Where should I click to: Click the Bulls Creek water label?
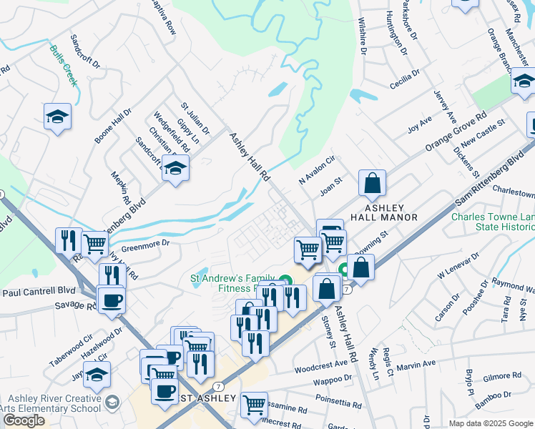(x=64, y=61)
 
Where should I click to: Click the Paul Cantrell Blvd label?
(x=38, y=292)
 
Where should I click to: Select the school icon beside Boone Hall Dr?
(x=57, y=117)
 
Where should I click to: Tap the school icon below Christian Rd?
(x=175, y=169)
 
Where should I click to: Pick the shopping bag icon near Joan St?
(x=372, y=184)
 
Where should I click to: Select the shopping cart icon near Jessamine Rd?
(x=254, y=405)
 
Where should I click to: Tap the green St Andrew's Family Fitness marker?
(x=286, y=280)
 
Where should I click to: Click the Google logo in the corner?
(x=24, y=420)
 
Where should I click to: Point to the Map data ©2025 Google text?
(x=490, y=423)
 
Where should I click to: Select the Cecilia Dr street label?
(x=405, y=77)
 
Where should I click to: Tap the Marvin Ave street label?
(x=416, y=364)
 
